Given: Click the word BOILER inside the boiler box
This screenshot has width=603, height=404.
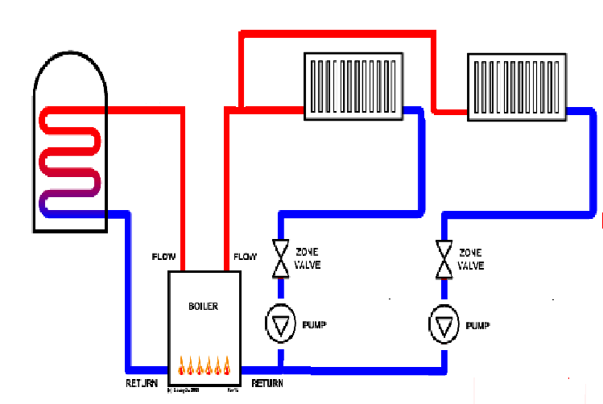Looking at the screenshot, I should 203,307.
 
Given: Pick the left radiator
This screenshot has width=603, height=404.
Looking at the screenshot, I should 352,86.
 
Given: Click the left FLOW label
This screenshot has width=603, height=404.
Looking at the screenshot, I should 164,258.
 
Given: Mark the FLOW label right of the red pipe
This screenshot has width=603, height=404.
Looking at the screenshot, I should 245,258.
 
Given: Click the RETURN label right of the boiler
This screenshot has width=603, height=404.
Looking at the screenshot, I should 267,384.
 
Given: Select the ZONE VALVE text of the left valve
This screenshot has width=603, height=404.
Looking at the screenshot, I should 308,258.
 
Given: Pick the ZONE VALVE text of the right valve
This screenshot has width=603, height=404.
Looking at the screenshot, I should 471,258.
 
